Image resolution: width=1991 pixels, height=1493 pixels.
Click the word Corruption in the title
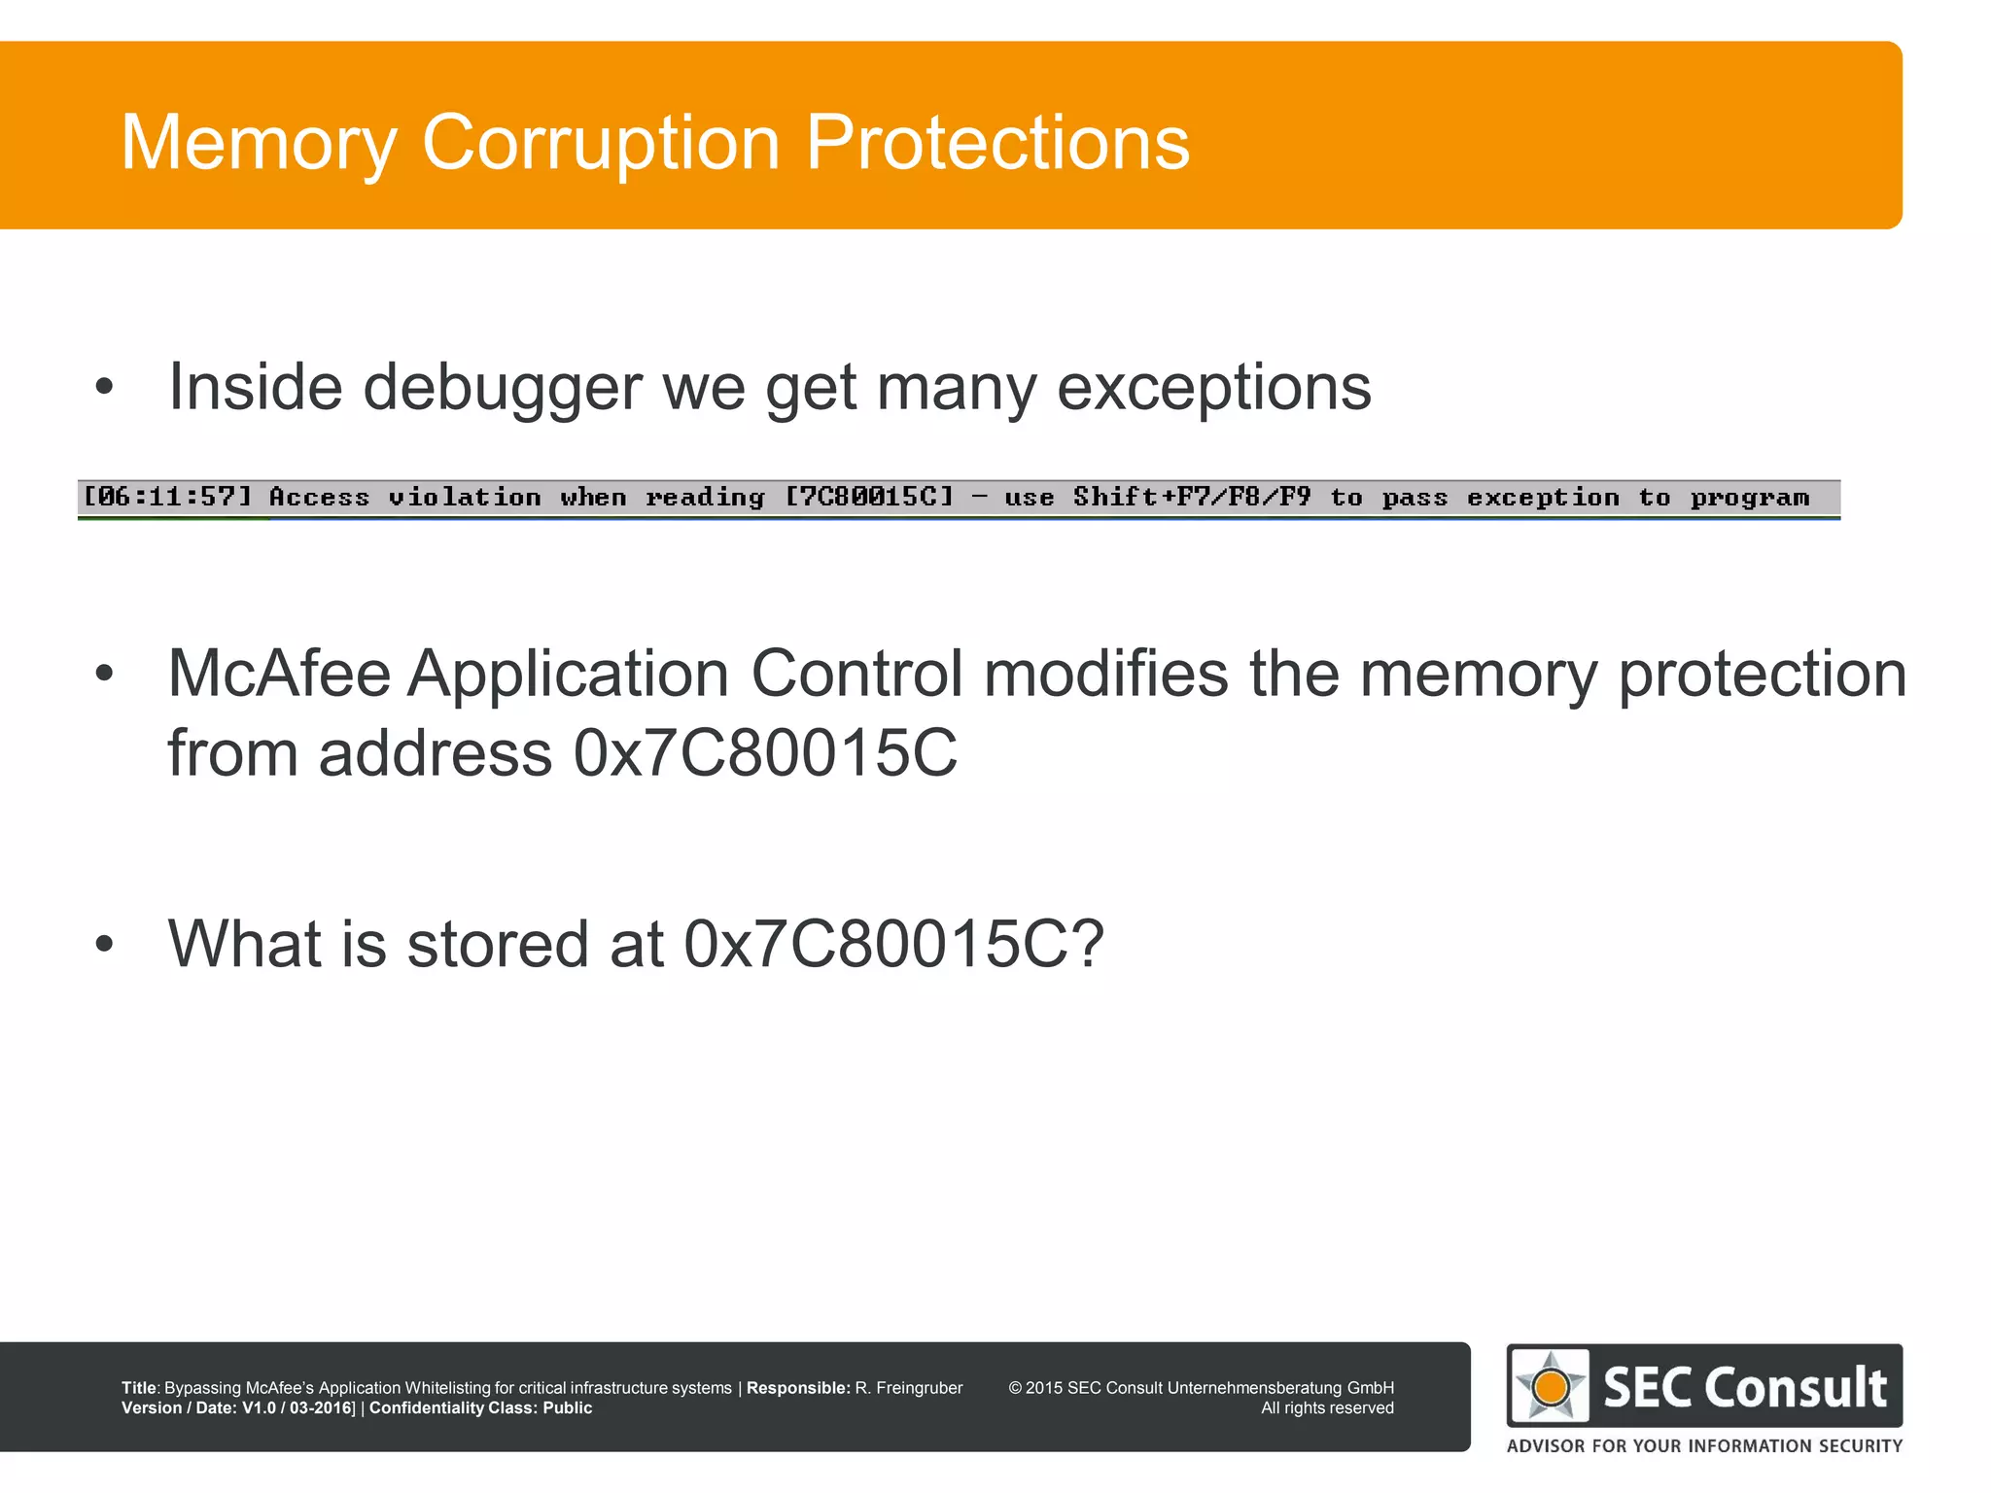tap(601, 143)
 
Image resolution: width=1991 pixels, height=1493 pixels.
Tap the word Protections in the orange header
tap(997, 143)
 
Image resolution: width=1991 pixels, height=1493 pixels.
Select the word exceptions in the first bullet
tap(1213, 388)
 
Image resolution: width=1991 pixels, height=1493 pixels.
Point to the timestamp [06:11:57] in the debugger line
tap(167, 498)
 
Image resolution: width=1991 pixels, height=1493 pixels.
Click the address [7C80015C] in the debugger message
tap(869, 498)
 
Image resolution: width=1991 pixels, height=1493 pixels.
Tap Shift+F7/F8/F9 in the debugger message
tap(1192, 498)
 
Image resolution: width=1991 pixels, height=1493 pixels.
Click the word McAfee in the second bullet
tap(279, 674)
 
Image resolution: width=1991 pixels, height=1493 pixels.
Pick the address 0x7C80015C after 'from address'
tap(765, 753)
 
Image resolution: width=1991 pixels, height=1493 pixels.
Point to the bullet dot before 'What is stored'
tap(105, 944)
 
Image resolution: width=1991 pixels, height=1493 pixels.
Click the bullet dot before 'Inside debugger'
tap(105, 388)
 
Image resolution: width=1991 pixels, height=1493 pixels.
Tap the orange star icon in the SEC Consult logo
tap(1551, 1387)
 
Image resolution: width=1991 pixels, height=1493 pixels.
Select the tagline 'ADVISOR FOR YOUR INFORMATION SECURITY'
tap(1704, 1446)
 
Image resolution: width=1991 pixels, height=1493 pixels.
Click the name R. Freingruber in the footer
tap(909, 1388)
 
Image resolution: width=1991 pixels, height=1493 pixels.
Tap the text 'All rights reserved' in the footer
tap(1327, 1408)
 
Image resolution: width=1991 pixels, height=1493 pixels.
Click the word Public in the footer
tap(568, 1408)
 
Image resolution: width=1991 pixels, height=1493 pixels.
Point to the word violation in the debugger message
tap(465, 498)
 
